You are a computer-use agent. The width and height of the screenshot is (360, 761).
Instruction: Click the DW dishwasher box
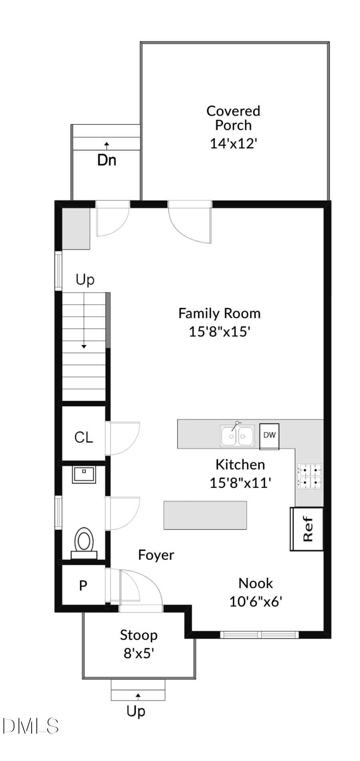(x=269, y=435)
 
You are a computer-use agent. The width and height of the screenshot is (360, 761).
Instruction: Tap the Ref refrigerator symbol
(x=307, y=529)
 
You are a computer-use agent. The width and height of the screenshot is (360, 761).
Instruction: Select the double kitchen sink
(x=237, y=435)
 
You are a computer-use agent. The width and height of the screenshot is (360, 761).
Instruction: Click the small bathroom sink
(x=84, y=475)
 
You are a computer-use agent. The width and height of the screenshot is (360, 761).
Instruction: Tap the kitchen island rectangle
(x=205, y=515)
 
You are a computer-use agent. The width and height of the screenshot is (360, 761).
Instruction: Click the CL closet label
(x=84, y=437)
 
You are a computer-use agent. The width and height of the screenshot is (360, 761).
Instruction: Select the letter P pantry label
(x=83, y=585)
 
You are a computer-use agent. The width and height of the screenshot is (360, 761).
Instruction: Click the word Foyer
(x=156, y=555)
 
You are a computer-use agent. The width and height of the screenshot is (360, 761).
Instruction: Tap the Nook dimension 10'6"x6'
(x=256, y=601)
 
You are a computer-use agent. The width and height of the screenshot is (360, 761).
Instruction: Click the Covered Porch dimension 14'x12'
(x=233, y=143)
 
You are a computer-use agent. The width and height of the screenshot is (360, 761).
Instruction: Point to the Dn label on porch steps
(x=107, y=160)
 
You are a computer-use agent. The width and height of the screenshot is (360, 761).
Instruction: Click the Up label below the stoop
(x=136, y=711)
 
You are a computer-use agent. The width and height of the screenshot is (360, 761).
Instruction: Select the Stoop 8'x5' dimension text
(x=139, y=653)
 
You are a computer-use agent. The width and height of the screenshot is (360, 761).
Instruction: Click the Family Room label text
(x=219, y=313)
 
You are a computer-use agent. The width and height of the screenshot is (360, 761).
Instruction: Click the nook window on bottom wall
(x=260, y=634)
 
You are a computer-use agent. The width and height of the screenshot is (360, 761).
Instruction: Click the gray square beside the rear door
(x=76, y=228)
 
